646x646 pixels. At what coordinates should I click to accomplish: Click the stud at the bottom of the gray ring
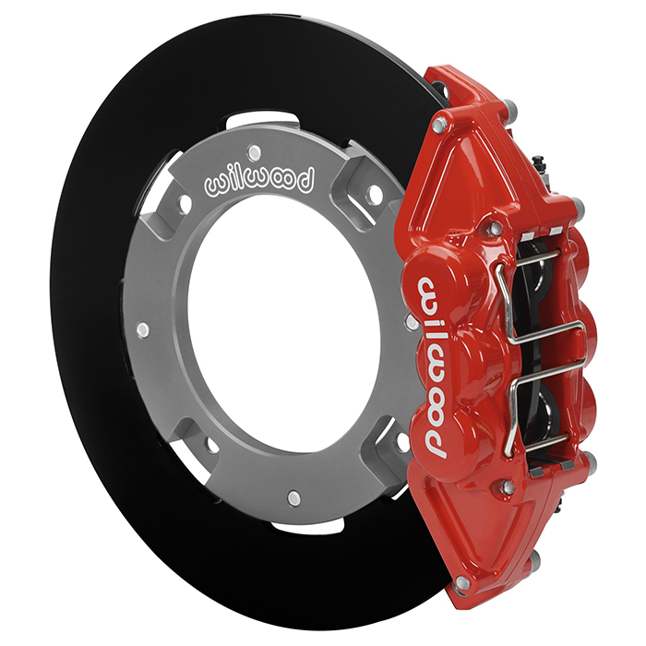pos(293,498)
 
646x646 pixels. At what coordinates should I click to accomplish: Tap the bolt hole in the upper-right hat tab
pos(374,195)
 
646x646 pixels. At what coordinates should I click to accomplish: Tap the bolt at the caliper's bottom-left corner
pos(462,583)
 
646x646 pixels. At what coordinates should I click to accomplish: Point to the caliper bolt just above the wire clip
pos(496,227)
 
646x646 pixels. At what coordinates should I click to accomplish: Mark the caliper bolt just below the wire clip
pos(507,486)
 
